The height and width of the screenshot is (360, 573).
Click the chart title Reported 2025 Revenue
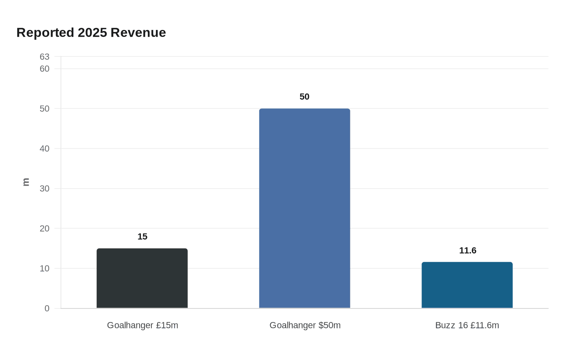(91, 33)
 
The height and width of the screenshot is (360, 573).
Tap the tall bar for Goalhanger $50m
(305, 209)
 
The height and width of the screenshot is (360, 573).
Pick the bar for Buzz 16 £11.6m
(467, 285)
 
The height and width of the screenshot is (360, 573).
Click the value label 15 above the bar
(142, 237)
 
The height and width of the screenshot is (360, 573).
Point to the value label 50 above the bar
(305, 97)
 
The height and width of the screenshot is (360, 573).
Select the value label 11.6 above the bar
(467, 251)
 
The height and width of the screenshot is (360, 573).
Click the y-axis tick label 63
(45, 57)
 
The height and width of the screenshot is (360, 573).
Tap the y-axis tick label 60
(45, 69)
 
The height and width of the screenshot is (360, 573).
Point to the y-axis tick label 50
(45, 109)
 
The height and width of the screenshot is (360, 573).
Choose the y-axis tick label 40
(45, 149)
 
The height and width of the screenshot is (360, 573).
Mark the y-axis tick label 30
(45, 189)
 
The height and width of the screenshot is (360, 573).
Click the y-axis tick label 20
(45, 229)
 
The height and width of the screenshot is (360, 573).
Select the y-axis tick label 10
(45, 269)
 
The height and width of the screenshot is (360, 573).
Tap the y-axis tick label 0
(47, 308)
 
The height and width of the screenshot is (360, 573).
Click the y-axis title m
(26, 182)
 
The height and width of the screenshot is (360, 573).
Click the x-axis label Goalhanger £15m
(142, 326)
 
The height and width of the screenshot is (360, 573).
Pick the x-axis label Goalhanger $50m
(305, 326)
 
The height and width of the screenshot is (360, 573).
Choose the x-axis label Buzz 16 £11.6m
(467, 326)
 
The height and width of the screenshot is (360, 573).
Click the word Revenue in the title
(138, 33)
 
